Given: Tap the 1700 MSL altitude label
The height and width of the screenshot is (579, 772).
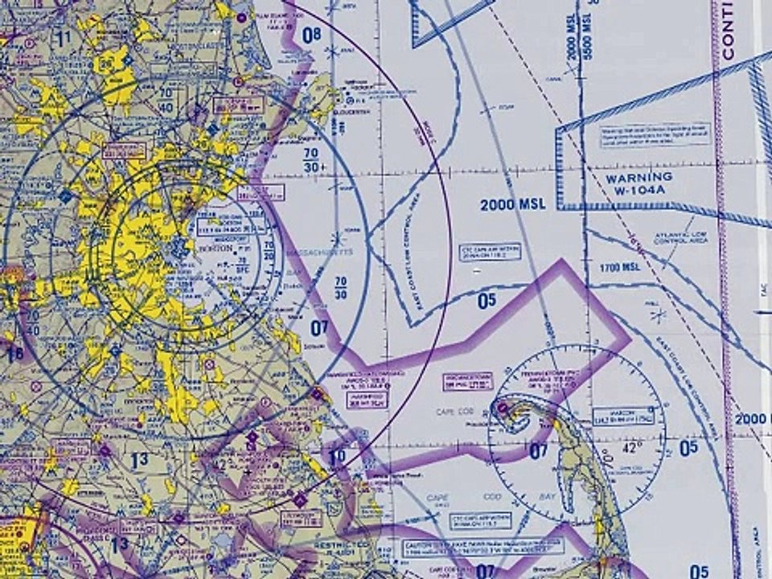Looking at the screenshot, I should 619,267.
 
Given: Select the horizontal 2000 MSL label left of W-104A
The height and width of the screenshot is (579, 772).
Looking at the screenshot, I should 513,204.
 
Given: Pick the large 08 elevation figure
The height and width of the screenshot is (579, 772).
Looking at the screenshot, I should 311,35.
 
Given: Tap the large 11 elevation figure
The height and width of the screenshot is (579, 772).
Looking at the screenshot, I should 64,36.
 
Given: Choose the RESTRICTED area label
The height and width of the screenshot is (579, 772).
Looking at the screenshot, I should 347,544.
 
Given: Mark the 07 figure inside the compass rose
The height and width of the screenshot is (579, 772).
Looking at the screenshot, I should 539,451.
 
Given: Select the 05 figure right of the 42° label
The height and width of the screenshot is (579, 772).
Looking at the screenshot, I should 688,449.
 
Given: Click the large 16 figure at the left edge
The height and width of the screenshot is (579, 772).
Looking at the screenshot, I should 14,353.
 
